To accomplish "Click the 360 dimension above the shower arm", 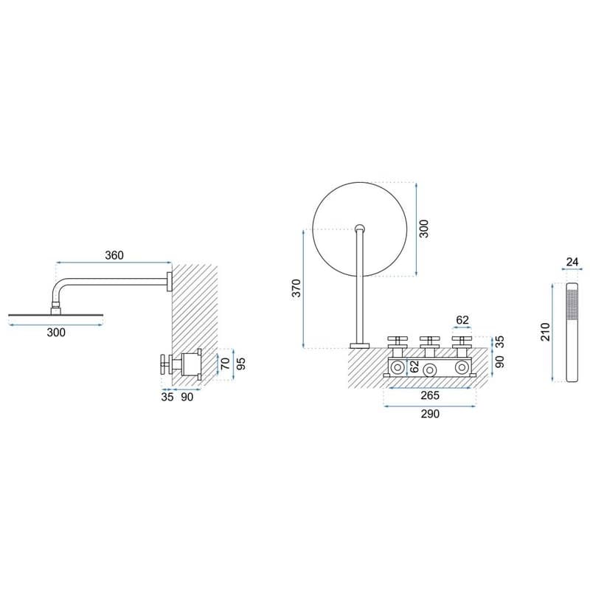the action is [114, 255].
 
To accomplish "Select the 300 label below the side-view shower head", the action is [56, 333].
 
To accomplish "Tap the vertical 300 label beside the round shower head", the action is [423, 229].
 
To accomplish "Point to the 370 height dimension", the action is [296, 288].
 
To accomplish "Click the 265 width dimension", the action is [430, 395].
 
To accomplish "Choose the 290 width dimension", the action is [430, 414].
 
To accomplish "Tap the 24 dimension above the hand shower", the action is [572, 262].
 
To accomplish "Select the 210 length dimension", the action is [545, 332].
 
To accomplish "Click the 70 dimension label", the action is [225, 364].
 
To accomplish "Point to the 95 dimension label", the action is [241, 364].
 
